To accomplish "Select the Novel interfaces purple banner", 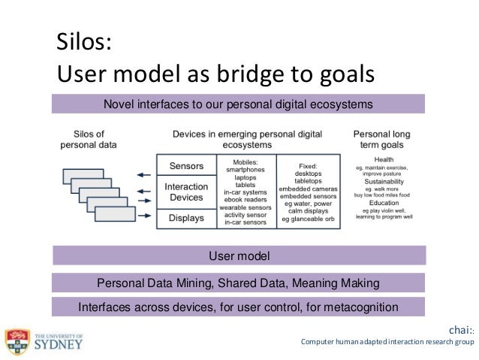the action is point(238,104).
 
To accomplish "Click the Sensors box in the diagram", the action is point(186,166).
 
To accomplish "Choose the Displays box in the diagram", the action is point(186,218).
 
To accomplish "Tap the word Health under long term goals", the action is point(384,159).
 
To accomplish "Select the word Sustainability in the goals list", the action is point(384,182).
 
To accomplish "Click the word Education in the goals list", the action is point(384,204).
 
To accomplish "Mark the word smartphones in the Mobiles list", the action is point(246,170).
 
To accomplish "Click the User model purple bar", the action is point(238,256).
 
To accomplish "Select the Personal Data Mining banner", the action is point(238,283).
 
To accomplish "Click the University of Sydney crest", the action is point(17,343).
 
